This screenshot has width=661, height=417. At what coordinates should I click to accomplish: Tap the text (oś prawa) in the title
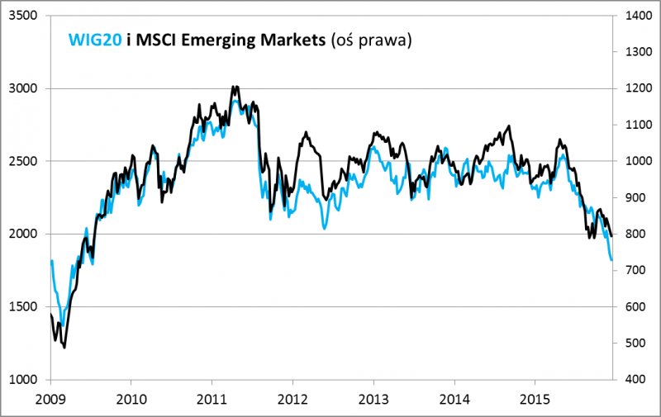coord(370,40)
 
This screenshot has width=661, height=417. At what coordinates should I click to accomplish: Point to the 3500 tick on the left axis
coord(26,16)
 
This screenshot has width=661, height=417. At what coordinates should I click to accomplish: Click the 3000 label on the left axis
coord(26,88)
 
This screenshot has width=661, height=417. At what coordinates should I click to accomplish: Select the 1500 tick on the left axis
coord(26,306)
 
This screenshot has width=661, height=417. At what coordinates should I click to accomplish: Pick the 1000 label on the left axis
coord(26,379)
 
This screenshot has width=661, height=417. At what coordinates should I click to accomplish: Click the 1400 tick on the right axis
coord(633,16)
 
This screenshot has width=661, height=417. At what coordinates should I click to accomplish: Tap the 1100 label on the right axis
coord(633,125)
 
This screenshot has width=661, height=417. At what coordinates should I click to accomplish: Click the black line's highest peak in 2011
coord(235,86)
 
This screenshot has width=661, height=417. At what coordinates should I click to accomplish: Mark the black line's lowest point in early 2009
coord(64,348)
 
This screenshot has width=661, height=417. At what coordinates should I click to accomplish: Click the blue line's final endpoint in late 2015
coord(611,260)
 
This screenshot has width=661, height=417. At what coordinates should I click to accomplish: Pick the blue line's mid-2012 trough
coord(324,227)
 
